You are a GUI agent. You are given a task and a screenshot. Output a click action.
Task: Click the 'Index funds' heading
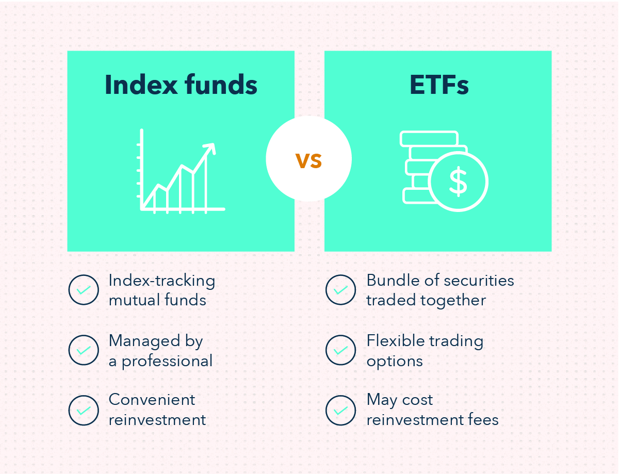click(181, 85)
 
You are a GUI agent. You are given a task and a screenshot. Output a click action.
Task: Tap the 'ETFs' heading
click(439, 85)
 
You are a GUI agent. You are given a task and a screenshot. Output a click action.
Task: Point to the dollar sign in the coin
click(458, 182)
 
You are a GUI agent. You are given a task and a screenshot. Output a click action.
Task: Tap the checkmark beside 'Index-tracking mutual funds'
click(83, 290)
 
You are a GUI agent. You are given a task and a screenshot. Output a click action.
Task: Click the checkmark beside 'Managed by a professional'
click(83, 350)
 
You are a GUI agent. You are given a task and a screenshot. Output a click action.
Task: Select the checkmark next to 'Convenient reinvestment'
click(83, 410)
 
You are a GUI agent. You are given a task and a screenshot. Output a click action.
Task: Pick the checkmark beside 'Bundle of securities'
click(340, 290)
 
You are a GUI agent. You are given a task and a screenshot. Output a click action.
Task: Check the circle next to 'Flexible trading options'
click(340, 350)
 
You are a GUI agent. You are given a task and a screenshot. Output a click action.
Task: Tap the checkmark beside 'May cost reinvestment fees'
click(340, 410)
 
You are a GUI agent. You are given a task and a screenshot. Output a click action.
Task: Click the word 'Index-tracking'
click(161, 281)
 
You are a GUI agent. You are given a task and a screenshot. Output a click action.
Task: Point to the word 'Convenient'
click(152, 400)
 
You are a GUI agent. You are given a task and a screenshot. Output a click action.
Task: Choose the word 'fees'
click(482, 420)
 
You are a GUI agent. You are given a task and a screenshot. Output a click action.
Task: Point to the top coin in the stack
click(429, 139)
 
